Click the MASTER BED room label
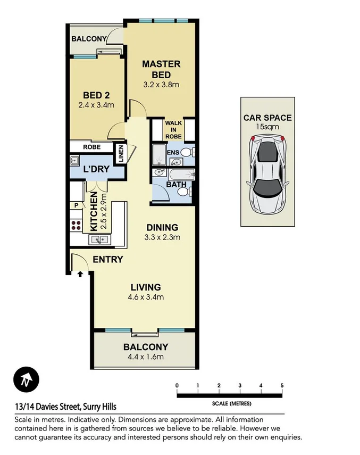[161, 69]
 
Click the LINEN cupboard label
[121, 155]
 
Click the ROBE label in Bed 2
[91, 147]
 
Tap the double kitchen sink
[99, 239]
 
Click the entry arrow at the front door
[80, 275]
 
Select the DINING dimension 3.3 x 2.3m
[163, 237]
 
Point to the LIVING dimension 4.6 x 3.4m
[146, 297]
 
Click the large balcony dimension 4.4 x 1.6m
[146, 357]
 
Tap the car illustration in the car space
[267, 172]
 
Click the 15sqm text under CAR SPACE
[267, 127]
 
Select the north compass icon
[25, 380]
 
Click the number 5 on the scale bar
[282, 386]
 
